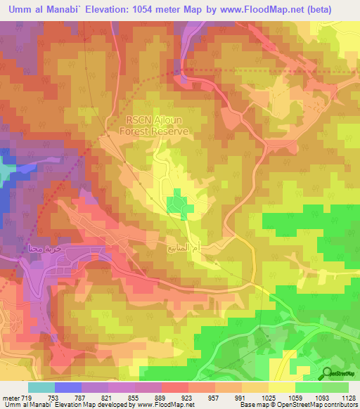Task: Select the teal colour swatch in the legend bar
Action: pos(41,387)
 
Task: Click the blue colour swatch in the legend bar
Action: pos(68,387)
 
